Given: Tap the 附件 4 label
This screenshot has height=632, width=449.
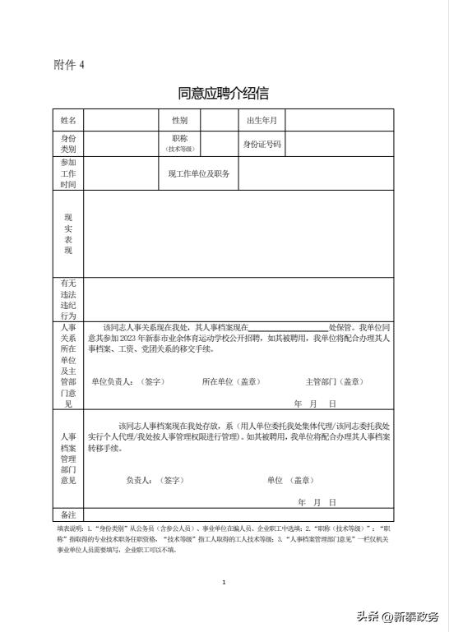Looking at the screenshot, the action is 69,65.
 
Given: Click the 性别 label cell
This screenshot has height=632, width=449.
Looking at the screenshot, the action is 179,121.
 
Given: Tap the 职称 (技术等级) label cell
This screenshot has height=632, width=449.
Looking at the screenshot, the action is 179,145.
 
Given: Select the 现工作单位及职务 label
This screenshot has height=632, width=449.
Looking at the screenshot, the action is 199,174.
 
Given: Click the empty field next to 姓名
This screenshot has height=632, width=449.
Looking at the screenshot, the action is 121,121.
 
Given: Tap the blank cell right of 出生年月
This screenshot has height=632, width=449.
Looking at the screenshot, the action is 339,121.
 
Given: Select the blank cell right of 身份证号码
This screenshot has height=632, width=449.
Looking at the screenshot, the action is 339,145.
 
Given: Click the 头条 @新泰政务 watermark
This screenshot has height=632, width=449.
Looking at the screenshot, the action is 397,617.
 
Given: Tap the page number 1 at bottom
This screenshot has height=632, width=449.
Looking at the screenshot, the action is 224,583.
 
